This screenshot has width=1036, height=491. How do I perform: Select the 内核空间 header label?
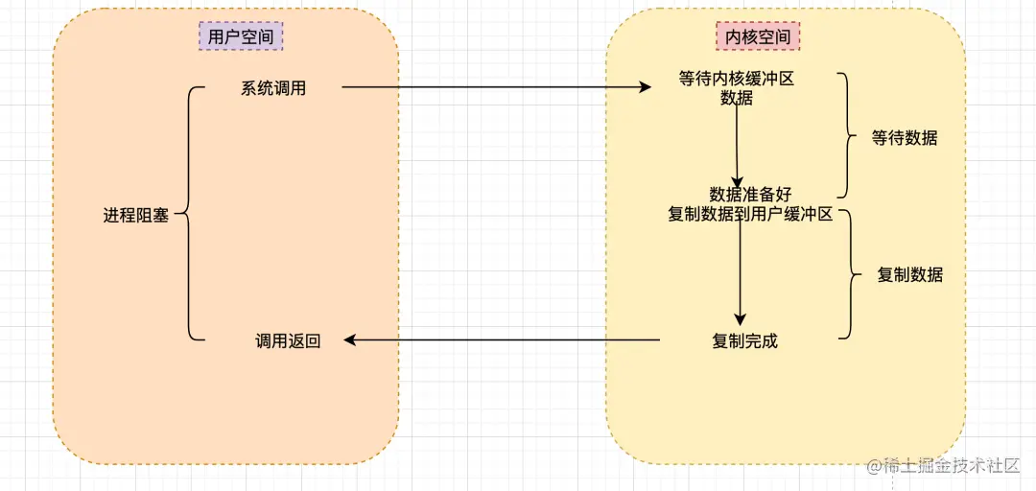[x=758, y=37]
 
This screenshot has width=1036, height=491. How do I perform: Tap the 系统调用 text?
[x=273, y=88]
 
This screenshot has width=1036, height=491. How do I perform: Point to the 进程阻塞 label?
[x=136, y=215]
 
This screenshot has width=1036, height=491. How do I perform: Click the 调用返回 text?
[x=288, y=340]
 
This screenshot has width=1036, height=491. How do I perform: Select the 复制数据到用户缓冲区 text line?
[x=749, y=215]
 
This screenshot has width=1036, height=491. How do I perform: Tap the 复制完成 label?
[x=745, y=340]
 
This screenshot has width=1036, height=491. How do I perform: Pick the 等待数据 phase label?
[x=905, y=137]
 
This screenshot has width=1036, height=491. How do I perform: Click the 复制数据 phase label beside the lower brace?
[x=910, y=275]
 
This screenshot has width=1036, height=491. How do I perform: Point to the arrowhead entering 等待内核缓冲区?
[x=646, y=87]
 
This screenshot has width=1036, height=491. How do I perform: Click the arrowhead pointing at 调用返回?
[x=351, y=339]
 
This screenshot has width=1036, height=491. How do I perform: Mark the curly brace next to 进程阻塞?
[x=188, y=214]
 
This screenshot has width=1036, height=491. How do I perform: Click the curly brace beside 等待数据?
[x=847, y=135]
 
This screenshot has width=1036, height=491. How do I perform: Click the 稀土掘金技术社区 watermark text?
[x=951, y=466]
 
